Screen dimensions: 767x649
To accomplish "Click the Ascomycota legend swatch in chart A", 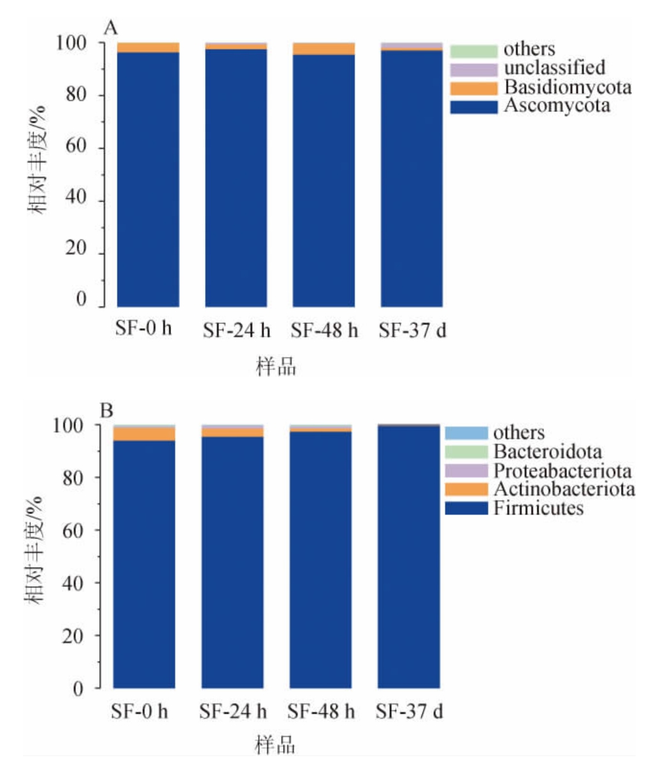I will pyautogui.click(x=474, y=107).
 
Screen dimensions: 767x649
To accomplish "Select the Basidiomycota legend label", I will pyautogui.click(x=567, y=87).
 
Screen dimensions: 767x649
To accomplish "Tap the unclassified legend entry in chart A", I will pyautogui.click(x=554, y=68).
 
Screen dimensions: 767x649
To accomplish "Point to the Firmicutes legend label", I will pyautogui.click(x=538, y=508).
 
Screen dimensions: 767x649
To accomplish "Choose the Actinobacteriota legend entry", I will pyautogui.click(x=563, y=490).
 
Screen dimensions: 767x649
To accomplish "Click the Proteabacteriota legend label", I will pyautogui.click(x=562, y=471).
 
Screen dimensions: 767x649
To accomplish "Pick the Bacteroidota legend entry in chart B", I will pyautogui.click(x=547, y=452).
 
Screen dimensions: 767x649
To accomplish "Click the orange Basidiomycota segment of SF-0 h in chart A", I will pyautogui.click(x=148, y=48).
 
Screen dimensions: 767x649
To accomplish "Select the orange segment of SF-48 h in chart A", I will pyautogui.click(x=324, y=49).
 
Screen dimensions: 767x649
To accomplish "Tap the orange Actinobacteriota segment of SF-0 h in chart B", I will pyautogui.click(x=144, y=434).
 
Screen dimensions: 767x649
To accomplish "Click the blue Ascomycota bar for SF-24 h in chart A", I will pyautogui.click(x=236, y=179).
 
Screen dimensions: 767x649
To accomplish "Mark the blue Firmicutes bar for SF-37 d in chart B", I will pyautogui.click(x=408, y=556).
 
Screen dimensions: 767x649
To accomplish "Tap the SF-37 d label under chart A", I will pyautogui.click(x=412, y=331).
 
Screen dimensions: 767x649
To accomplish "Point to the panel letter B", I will pyautogui.click(x=107, y=409).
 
